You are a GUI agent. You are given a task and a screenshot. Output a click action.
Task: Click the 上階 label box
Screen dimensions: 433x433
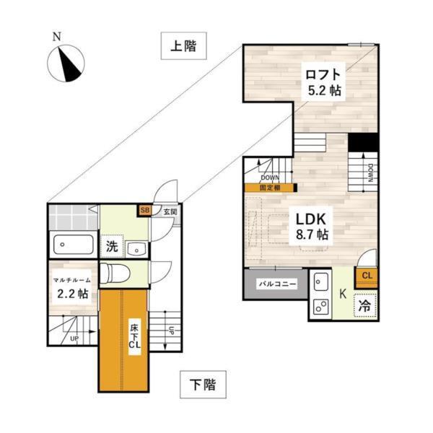coord(183,46)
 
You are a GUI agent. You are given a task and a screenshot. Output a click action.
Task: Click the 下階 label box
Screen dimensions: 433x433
coord(203,385)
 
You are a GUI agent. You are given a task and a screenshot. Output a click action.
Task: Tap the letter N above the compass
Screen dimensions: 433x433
coord(57,37)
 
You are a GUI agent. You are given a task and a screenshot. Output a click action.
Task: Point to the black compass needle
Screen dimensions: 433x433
coord(69,65)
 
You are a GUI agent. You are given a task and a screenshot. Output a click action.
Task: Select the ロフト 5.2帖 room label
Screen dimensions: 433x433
coord(323,82)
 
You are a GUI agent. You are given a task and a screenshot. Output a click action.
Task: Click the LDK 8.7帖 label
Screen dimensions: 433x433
coord(311,226)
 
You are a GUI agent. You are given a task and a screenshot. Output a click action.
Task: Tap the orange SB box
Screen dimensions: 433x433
coord(144,211)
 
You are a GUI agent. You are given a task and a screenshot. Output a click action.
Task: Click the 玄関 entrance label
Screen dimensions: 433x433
coord(170,212)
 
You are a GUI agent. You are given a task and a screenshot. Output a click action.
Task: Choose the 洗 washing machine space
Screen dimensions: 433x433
coord(112,246)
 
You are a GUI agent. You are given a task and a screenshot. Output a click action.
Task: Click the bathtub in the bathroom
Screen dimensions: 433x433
coord(73,245)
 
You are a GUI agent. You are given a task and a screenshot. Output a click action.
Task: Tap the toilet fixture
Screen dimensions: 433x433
coord(115,274)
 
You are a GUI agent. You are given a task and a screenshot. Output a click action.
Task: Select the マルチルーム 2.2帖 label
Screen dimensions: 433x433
coord(72,287)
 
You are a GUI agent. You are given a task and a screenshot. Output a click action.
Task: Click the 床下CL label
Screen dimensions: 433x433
coord(135,336)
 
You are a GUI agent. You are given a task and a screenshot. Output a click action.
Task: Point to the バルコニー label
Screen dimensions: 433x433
coord(278,284)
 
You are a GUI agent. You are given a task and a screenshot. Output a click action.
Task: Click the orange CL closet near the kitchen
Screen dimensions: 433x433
coord(367,278)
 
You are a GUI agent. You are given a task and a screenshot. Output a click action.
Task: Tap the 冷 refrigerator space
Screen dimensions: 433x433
coord(365,306)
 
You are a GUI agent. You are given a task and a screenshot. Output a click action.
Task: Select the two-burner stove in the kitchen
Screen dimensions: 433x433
coord(321,307)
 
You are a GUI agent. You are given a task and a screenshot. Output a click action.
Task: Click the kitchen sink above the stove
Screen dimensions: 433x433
coord(321,281)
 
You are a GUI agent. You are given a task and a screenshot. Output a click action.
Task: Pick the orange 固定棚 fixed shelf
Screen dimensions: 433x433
coord(271,188)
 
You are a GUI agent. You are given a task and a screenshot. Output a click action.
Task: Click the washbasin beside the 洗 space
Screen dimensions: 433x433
coord(136,248)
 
